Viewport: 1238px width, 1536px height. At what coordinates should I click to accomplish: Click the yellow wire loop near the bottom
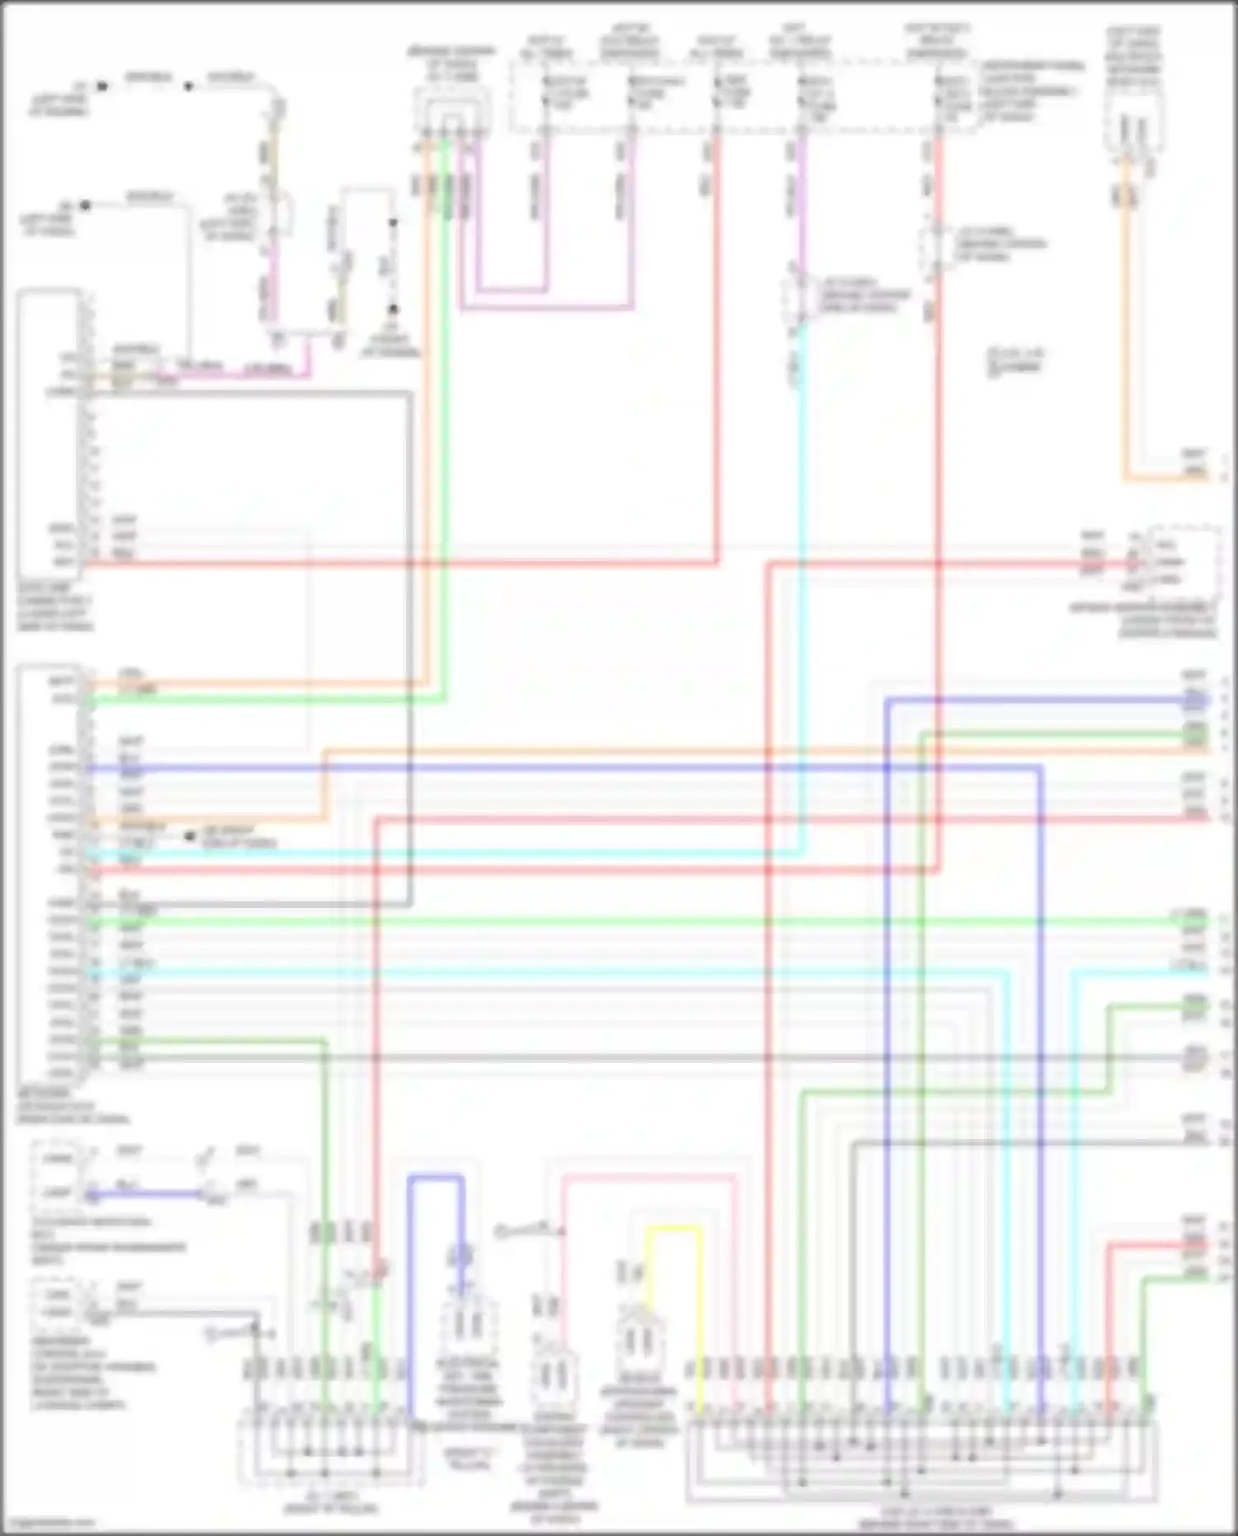(673, 1229)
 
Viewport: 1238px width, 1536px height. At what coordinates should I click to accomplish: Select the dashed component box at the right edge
(1184, 561)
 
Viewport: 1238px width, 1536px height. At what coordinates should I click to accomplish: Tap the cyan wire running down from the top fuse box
(801, 578)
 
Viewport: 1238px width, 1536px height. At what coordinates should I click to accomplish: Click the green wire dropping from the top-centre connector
(446, 413)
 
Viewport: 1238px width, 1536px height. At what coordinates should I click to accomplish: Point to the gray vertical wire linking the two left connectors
(409, 644)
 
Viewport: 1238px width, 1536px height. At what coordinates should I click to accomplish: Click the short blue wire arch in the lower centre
(436, 1180)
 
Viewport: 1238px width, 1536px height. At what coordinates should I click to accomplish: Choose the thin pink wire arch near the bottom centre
(648, 1176)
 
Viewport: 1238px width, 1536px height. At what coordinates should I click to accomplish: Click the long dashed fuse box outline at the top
(743, 95)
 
